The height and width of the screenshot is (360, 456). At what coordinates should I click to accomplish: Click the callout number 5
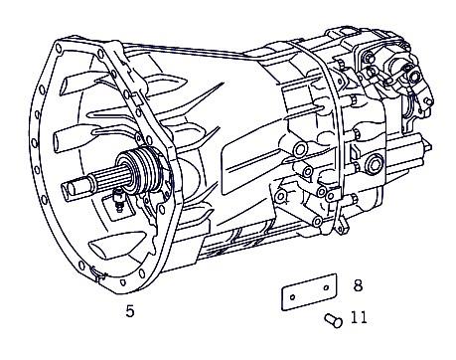130,311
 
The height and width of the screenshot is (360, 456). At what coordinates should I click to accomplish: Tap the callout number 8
358,285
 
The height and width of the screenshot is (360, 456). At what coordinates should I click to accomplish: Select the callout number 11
359,317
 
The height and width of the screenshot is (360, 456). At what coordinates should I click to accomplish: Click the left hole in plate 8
292,296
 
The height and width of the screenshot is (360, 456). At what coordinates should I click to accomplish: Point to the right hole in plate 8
327,287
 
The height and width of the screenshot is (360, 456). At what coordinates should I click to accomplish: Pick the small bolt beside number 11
333,320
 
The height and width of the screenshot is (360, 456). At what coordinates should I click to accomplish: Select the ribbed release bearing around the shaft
141,171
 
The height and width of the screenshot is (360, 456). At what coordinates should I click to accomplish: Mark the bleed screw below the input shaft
118,200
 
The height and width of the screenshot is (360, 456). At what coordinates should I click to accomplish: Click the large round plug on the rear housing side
375,163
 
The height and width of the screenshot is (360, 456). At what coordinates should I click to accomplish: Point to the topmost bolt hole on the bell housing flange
59,48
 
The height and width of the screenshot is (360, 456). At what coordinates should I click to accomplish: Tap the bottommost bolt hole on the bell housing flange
123,282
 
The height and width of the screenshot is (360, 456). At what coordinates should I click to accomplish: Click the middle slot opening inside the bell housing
72,137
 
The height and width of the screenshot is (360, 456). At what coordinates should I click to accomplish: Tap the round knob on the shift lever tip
429,101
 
